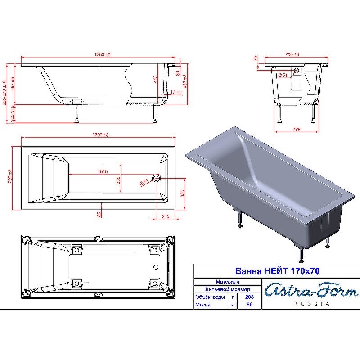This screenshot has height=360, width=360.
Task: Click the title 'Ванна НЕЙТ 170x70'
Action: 277,271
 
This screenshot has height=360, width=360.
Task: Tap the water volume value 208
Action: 249,297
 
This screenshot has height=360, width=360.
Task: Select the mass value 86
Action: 250,305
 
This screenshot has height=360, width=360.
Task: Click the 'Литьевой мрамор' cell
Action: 227,289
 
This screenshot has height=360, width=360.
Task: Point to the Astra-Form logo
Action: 311,291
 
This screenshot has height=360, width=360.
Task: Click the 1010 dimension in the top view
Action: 103,171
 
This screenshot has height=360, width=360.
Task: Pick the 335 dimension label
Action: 118,180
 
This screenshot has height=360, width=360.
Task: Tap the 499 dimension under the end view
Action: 297,129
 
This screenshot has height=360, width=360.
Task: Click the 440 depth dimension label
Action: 155,80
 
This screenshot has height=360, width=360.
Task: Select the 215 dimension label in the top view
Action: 166,216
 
